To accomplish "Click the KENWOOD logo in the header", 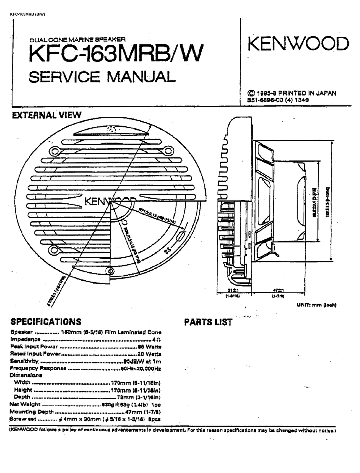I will tap(298, 44).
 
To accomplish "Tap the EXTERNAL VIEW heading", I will tap(47, 115).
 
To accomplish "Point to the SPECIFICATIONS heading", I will tap(46, 322).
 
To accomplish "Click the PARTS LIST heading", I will tap(208, 322).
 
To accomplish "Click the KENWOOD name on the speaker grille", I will tap(110, 201).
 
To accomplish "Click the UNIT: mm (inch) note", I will tap(316, 305).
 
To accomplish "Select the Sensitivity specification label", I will tap(25, 361).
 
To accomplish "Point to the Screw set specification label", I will tap(23, 419).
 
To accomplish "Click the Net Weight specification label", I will tap(25, 404).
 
